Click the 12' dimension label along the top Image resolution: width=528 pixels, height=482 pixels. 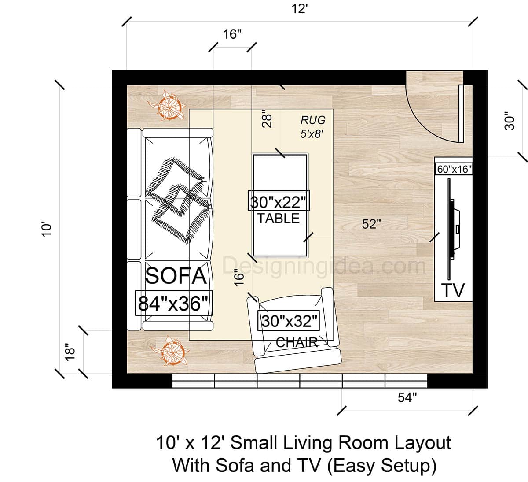(299, 8)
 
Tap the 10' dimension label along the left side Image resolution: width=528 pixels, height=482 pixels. (47, 229)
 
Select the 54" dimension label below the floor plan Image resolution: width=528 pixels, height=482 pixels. (407, 398)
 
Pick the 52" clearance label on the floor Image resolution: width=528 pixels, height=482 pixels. (371, 224)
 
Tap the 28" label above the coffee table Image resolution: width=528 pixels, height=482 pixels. (267, 119)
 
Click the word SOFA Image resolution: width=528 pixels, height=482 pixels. (176, 276)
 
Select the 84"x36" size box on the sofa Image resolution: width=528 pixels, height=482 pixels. (174, 304)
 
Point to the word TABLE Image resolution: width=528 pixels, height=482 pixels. (279, 219)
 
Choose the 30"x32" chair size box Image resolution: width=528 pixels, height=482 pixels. (290, 321)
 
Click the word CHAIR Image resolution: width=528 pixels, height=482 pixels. (297, 342)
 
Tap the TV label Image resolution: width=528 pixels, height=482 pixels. (453, 291)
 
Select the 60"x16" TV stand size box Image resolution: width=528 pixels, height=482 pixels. (454, 169)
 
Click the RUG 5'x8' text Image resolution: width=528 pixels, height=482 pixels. (313, 126)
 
